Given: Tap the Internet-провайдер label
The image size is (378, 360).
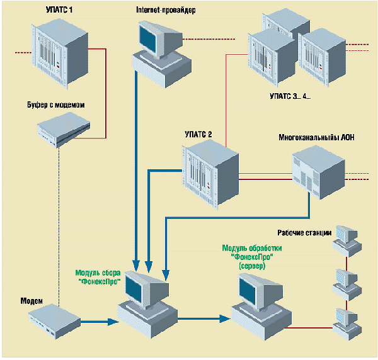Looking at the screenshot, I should (x=165, y=11).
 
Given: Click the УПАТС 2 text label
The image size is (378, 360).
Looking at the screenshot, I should (x=198, y=134).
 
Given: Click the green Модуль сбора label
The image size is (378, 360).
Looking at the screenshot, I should (x=98, y=277).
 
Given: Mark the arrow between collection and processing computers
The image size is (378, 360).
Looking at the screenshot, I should (x=202, y=318).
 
